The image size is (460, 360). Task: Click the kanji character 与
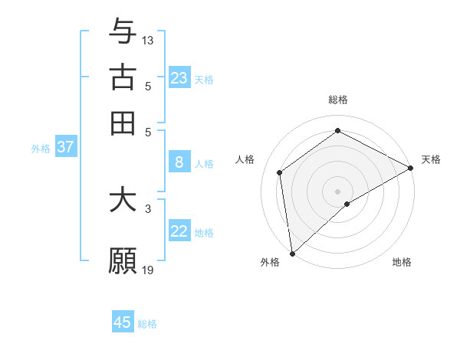pyautogui.click(x=123, y=31)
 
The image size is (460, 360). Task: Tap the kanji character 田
pyautogui.click(x=123, y=123)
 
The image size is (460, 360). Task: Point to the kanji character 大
pyautogui.click(x=123, y=200)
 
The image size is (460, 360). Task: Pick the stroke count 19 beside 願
pyautogui.click(x=148, y=270)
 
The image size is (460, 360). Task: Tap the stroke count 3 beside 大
pyautogui.click(x=148, y=208)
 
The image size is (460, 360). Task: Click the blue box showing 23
pyautogui.click(x=179, y=78)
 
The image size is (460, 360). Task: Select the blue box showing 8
pyautogui.click(x=179, y=162)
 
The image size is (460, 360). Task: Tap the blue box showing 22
pyautogui.click(x=179, y=231)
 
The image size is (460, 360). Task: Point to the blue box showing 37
pyautogui.click(x=65, y=148)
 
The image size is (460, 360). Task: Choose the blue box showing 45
pyautogui.click(x=123, y=322)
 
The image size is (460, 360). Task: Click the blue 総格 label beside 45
pyautogui.click(x=147, y=324)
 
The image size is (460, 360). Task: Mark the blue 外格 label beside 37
pyautogui.click(x=41, y=149)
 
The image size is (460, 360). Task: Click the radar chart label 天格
pyautogui.click(x=431, y=159)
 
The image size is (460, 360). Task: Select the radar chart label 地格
pyautogui.click(x=402, y=262)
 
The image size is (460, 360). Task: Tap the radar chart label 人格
pyautogui.click(x=245, y=159)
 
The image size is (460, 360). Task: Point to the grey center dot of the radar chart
pyautogui.click(x=338, y=191)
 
